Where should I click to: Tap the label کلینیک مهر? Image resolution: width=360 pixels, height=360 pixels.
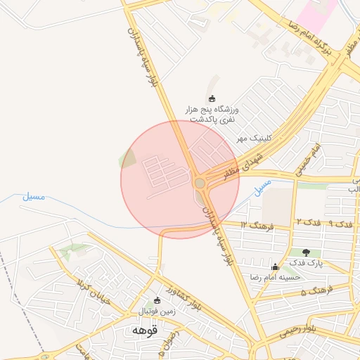[253, 138]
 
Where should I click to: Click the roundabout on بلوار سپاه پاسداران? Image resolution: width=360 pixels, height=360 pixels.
[200, 183]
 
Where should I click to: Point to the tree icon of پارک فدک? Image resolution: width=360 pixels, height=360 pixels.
[306, 252]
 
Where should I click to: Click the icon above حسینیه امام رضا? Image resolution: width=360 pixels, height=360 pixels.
[275, 266]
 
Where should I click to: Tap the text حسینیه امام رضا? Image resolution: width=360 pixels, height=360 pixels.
[275, 277]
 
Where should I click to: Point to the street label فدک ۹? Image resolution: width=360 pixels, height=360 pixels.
[340, 224]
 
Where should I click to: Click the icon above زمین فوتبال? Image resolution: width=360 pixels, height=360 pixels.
[157, 300]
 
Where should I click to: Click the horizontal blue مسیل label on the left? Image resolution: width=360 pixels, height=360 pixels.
[33, 196]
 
